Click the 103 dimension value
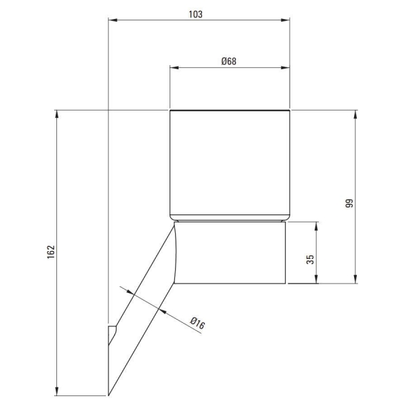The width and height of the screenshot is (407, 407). [x=195, y=14]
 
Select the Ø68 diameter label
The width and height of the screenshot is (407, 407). [x=229, y=61]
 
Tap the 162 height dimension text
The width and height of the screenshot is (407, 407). [x=51, y=252]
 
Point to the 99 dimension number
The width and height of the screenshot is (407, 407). [x=349, y=203]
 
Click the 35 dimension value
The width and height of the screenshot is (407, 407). [x=310, y=259]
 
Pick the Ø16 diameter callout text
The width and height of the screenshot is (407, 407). [x=197, y=323]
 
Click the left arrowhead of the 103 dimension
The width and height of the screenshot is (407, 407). [x=113, y=20]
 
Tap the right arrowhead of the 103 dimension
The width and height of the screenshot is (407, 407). [x=285, y=20]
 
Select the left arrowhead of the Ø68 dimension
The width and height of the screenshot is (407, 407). [x=174, y=68]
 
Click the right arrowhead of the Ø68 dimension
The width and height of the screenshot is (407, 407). [x=285, y=68]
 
